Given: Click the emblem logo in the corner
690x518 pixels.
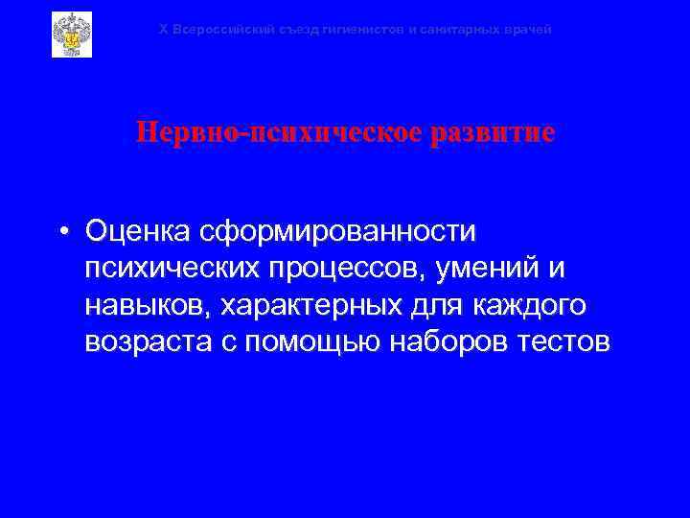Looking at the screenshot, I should tap(72, 35).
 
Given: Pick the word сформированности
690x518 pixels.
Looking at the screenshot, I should tap(337, 231).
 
